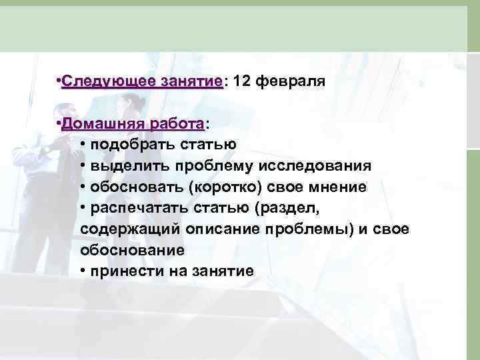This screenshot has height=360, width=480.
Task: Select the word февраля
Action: point(289,82)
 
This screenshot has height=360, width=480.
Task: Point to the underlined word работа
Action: point(176,124)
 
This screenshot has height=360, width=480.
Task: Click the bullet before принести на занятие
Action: point(83,271)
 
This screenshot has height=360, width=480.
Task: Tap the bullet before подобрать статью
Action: point(83,145)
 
